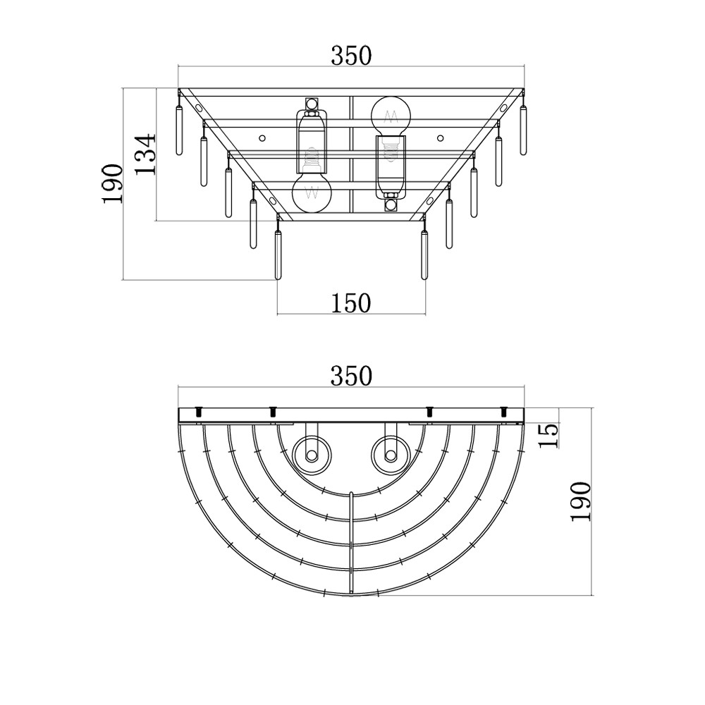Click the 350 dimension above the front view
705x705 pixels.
351,54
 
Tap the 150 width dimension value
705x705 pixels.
351,302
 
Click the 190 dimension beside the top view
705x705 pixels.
580,501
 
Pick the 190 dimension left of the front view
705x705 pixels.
113,184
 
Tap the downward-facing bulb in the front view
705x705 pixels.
311,192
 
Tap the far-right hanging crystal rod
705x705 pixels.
523,130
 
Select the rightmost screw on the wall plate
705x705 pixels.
503,410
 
